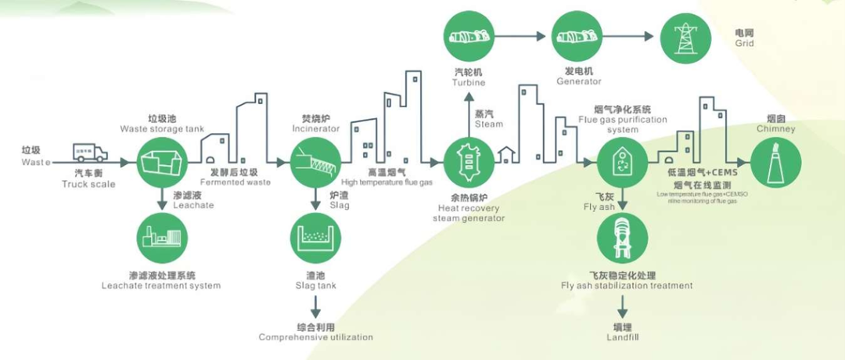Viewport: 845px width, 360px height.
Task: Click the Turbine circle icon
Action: coord(469,36)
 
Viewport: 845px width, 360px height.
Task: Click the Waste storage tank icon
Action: coord(162,162)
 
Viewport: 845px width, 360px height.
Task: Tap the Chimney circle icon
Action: coord(775,162)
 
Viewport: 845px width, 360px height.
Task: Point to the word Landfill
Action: coord(623,337)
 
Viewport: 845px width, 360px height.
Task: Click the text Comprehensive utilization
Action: coord(316,337)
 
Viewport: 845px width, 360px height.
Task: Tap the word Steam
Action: coord(489,124)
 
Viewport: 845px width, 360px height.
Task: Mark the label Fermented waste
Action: coord(239,182)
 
